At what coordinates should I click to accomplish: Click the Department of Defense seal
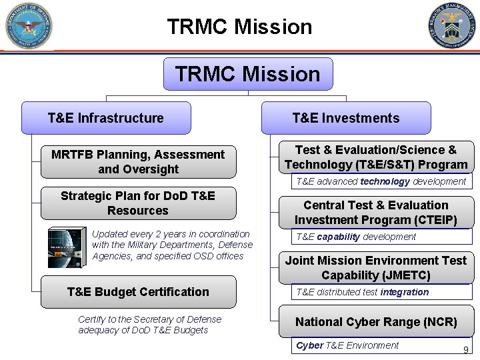[28, 26]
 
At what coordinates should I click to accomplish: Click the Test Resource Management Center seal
[453, 26]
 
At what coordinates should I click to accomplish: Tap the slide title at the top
[239, 27]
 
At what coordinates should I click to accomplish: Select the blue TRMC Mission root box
[247, 74]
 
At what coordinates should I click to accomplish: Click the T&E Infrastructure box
[106, 118]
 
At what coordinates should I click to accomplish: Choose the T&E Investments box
[345, 118]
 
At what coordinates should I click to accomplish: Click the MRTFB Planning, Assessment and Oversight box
[138, 162]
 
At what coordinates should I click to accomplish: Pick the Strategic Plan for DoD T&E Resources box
[138, 203]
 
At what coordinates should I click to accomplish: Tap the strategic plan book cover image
[67, 247]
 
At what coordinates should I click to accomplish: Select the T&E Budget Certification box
[138, 292]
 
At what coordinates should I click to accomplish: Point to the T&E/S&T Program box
[376, 157]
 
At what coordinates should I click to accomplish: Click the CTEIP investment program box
[376, 213]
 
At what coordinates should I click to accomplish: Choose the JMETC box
[376, 268]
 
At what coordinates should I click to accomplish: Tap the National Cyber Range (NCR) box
[376, 322]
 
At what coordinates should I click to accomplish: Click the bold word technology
[385, 181]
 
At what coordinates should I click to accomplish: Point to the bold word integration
[404, 292]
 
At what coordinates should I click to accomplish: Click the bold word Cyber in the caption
[309, 345]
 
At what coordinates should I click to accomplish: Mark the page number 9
[465, 350]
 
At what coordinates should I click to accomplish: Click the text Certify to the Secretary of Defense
[149, 319]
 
